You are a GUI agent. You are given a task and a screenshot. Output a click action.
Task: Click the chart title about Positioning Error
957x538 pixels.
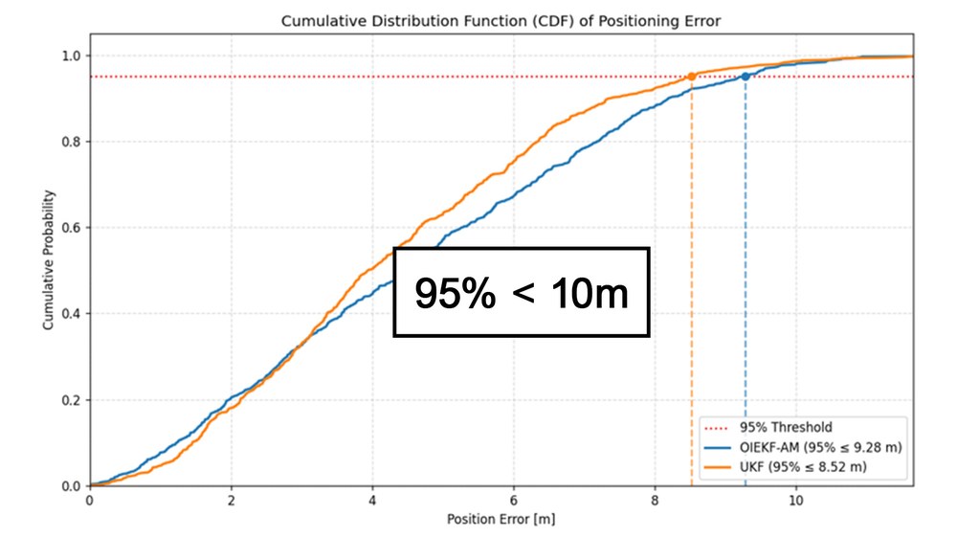click(x=501, y=21)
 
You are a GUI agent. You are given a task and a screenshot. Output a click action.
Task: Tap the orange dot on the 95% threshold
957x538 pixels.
click(x=692, y=77)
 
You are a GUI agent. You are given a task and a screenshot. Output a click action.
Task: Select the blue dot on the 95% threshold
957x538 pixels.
click(x=746, y=77)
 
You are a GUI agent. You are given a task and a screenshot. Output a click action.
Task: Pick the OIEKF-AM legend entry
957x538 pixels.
click(x=803, y=447)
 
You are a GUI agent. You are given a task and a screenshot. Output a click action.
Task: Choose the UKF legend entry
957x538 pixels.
click(x=786, y=467)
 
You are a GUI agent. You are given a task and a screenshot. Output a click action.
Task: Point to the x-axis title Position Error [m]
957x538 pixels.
click(x=501, y=519)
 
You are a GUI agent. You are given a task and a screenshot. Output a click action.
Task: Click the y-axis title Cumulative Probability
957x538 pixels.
click(x=48, y=260)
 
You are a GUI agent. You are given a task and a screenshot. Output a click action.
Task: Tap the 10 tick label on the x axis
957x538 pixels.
click(x=796, y=500)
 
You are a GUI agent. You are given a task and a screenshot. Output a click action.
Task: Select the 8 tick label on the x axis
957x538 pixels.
click(x=655, y=500)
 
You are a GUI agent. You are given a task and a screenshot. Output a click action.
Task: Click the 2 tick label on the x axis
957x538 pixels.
click(x=232, y=500)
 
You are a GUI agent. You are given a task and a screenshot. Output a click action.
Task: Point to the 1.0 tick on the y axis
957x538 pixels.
click(x=71, y=56)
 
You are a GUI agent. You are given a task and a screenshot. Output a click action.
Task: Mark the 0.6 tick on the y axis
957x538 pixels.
click(x=71, y=228)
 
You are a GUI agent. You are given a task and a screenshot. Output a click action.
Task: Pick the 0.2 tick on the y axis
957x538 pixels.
click(x=71, y=400)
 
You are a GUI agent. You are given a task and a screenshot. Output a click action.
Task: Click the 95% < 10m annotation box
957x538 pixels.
click(x=522, y=292)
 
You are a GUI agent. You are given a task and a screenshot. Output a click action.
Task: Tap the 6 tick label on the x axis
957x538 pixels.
click(x=514, y=500)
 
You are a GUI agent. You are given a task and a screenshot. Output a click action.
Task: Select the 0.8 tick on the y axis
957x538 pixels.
click(x=71, y=142)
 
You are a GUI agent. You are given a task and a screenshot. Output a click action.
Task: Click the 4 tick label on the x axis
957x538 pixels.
click(x=372, y=500)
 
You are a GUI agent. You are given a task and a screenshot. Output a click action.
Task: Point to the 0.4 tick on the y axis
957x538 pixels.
click(x=71, y=314)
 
